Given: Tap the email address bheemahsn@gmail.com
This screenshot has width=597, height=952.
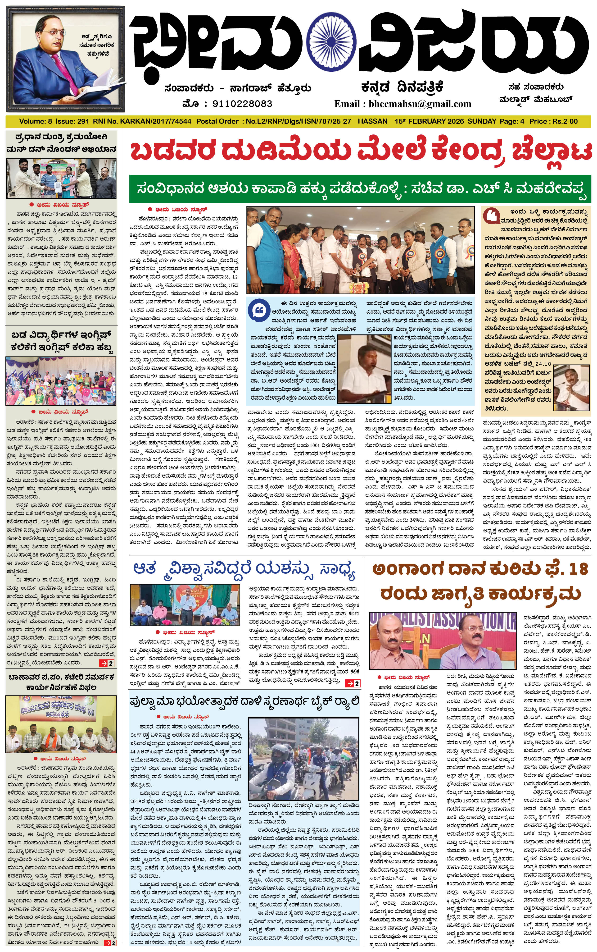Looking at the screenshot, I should click(403, 104).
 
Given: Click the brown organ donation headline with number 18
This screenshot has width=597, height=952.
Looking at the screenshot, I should click(480, 581).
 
